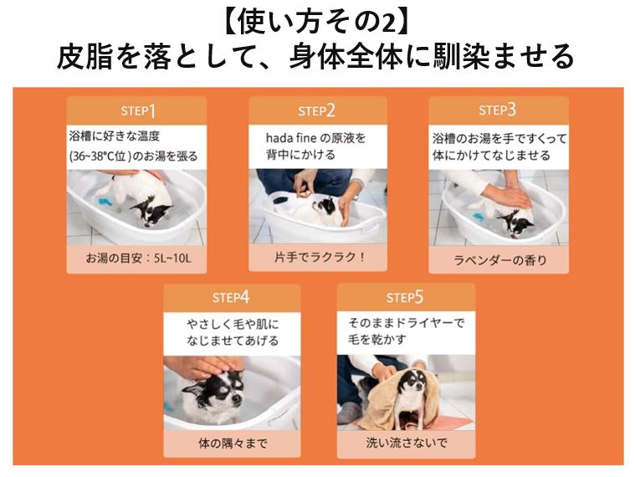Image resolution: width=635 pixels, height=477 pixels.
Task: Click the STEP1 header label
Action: point(138,110)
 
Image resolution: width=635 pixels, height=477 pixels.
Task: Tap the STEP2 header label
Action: point(316,110)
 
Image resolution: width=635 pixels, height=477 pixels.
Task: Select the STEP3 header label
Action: point(497,110)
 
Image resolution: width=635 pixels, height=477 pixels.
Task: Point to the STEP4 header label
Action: point(231,298)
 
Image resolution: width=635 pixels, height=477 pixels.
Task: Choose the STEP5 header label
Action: point(405,297)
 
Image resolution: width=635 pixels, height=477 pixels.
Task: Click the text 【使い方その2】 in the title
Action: point(316,23)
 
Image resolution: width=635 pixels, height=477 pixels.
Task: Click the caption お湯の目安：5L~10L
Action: point(138,258)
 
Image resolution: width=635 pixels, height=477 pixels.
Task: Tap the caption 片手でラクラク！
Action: point(320,257)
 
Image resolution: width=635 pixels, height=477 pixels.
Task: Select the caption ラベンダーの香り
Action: point(500,260)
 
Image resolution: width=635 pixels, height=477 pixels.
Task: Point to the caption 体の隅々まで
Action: point(233,444)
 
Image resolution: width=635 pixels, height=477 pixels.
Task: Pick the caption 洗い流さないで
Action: point(407,443)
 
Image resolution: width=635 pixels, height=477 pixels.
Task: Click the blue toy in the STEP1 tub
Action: point(104,201)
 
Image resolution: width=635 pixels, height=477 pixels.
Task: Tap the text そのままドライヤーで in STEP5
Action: point(406,323)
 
